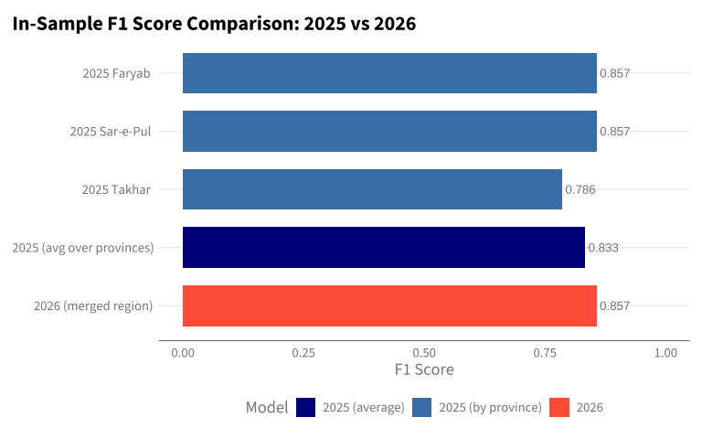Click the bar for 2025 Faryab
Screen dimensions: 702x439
[x=389, y=73]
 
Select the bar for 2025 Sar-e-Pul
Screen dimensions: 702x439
[x=389, y=132]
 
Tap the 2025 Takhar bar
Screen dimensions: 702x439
[x=372, y=189]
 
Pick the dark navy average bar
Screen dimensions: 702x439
[x=384, y=247]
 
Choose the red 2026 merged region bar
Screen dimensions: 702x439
[x=389, y=305]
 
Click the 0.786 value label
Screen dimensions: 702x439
[x=580, y=189]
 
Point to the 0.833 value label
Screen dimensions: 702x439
[x=603, y=248]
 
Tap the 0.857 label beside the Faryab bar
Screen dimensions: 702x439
[x=614, y=73]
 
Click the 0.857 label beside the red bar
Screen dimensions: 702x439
[x=614, y=306]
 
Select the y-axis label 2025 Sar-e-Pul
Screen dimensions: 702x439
[x=110, y=132]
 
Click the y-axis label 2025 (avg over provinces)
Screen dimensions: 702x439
[x=83, y=248]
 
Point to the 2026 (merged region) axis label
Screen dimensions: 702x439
[x=93, y=306]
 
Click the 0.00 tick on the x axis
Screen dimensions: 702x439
[x=183, y=353]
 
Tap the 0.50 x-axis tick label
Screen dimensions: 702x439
[x=424, y=353]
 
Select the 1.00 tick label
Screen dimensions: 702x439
[x=665, y=353]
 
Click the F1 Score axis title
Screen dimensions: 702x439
[x=424, y=369]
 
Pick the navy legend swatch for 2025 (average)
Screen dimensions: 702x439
[x=306, y=407]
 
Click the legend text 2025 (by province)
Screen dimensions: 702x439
[x=490, y=408]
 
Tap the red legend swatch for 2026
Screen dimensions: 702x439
[x=559, y=407]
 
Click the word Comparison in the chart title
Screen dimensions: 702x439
[x=242, y=24]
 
